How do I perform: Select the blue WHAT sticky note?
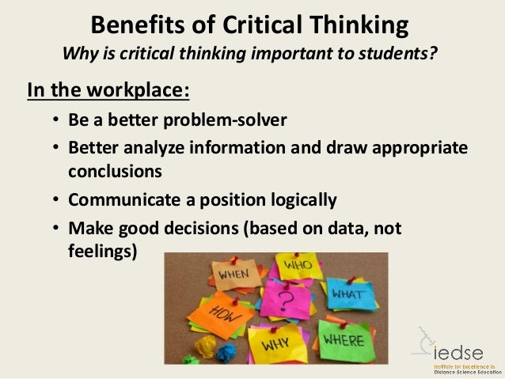tap(347, 293)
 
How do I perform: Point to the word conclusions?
tap(114, 171)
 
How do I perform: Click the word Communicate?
tap(121, 199)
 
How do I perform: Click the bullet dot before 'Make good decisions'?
tap(56, 229)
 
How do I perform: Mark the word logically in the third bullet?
tap(298, 199)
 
